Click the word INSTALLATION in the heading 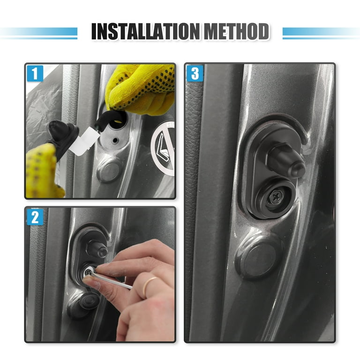point(145,31)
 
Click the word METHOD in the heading point(236,31)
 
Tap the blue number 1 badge point(35,73)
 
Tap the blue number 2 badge point(35,217)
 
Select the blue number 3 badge point(195,74)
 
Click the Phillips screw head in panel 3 point(275,197)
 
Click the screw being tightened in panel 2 point(88,272)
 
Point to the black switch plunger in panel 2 point(97,249)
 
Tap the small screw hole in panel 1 point(115,140)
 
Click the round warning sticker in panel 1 point(163,148)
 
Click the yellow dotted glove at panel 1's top point(141,89)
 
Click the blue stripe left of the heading point(38,33)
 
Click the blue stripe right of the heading point(321,33)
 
